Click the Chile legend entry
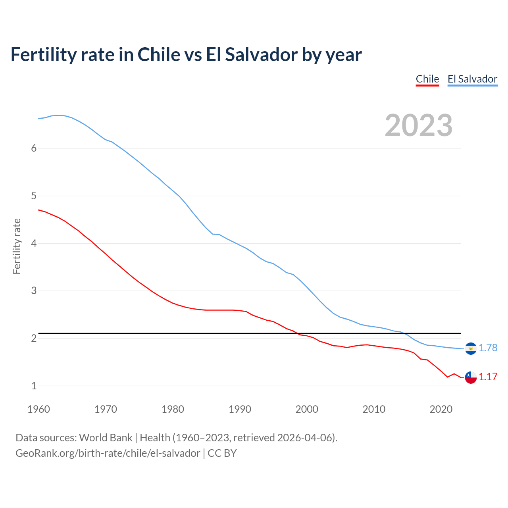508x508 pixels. pos(427,79)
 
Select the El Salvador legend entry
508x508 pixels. pos(472,79)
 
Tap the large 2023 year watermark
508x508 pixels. pos(419,125)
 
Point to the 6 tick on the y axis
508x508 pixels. pos(34,148)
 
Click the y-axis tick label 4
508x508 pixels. pos(34,243)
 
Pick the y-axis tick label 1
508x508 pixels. pos(34,386)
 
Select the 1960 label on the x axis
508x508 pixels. pos(38,409)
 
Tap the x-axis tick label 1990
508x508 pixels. pos(240,409)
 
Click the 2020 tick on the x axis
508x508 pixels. pos(441,409)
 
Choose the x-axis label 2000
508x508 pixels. pos(307,409)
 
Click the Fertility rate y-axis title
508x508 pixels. pos(17,246)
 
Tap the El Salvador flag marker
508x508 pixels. pos(471,348)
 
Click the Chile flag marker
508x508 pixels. pos(471,377)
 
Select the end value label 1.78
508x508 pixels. pos(488,348)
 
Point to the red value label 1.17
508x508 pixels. pos(488,377)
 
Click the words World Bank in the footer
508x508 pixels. pos(106,438)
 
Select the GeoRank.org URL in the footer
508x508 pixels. pos(108,453)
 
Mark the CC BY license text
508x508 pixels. pos(222,453)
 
